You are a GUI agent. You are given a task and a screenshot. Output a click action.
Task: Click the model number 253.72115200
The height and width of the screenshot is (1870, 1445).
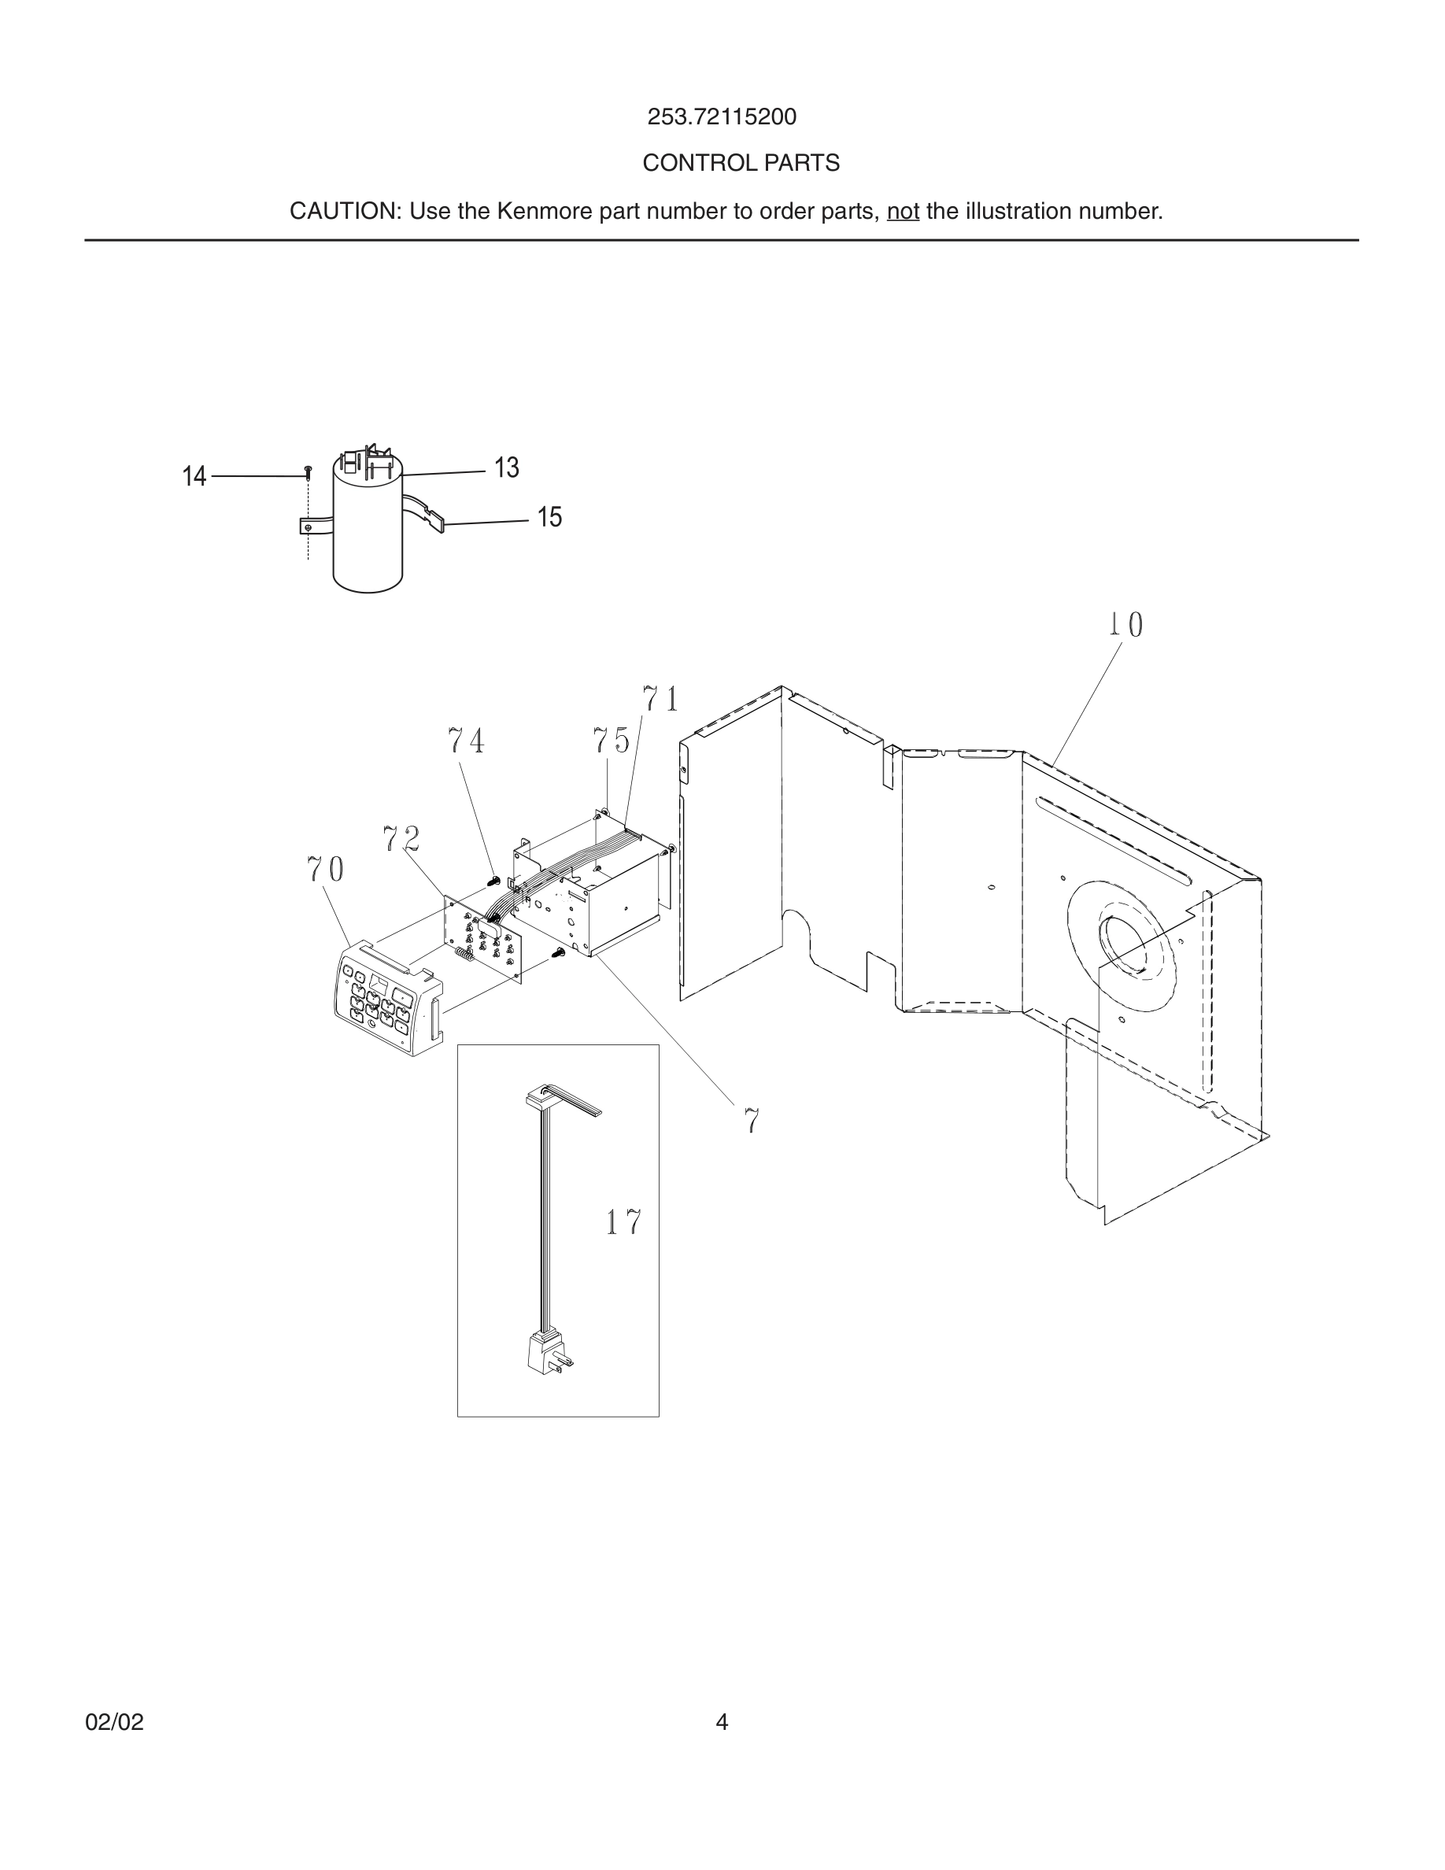(721, 116)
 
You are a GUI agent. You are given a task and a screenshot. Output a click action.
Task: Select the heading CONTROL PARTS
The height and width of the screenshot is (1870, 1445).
(741, 163)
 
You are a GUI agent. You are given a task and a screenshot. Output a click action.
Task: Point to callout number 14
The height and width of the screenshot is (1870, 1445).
(194, 477)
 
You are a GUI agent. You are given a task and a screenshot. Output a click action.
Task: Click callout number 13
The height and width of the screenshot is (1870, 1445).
(506, 468)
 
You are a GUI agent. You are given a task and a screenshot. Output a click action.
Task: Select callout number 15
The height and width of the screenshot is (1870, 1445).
(549, 517)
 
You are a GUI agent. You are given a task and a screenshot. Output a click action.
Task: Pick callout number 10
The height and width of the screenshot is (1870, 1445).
(1125, 625)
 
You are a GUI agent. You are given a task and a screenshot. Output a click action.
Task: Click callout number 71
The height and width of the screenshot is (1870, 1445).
(661, 700)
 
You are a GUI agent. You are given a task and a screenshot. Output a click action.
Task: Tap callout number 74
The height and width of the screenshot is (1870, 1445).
(467, 741)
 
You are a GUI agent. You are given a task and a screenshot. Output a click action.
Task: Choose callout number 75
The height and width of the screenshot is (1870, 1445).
(612, 741)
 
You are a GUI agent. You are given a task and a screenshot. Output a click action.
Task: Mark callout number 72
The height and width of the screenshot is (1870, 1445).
(401, 839)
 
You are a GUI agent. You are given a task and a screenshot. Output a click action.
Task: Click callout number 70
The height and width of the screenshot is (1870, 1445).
(325, 870)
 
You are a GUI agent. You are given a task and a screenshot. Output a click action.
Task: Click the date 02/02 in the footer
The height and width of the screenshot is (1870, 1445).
(114, 1722)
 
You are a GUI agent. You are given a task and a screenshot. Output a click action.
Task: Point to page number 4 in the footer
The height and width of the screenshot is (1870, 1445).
(722, 1722)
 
